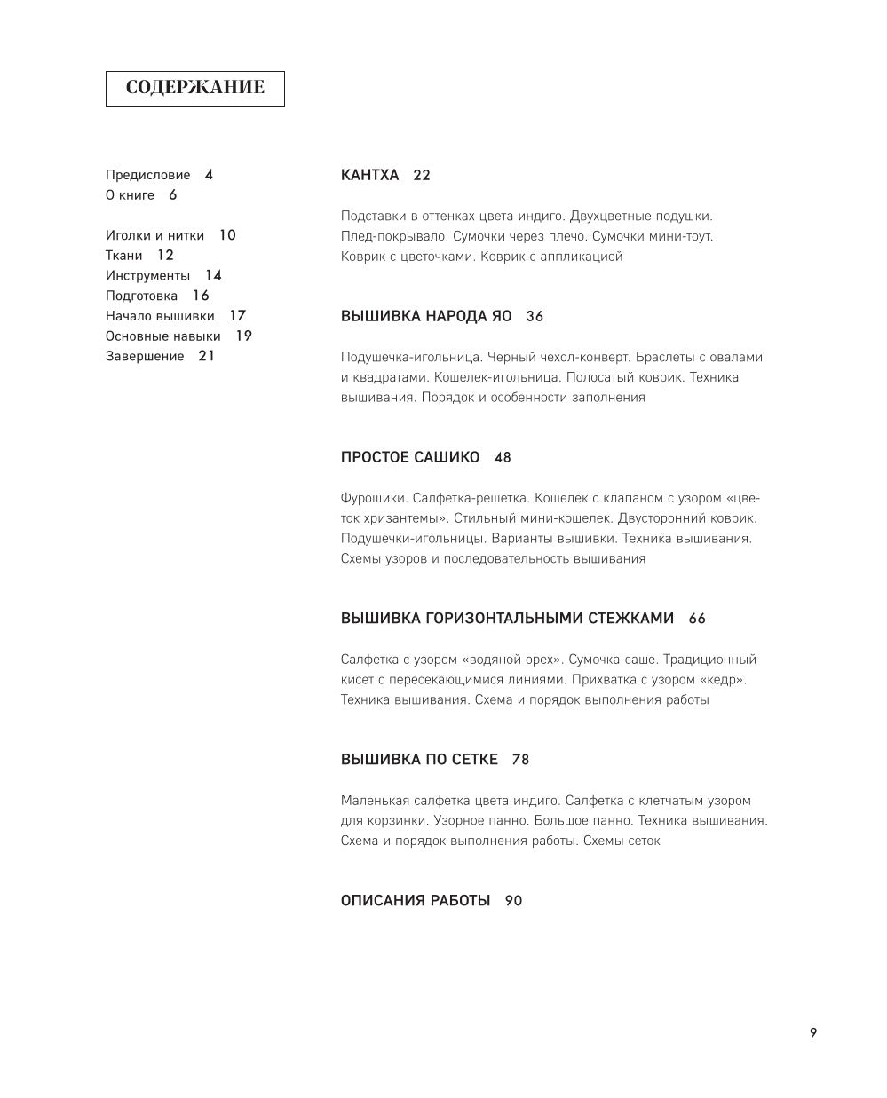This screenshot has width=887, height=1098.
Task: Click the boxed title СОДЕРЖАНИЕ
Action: pyautogui.click(x=194, y=88)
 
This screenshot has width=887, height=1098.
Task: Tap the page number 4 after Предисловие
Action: pyautogui.click(x=209, y=175)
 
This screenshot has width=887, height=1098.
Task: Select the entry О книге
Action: pyautogui.click(x=130, y=195)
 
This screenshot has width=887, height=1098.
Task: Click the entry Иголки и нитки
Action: pyautogui.click(x=154, y=235)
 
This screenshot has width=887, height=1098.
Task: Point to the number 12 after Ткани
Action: pyautogui.click(x=165, y=256)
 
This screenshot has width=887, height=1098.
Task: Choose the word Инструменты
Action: pyautogui.click(x=147, y=276)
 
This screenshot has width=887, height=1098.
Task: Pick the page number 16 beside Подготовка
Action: pyautogui.click(x=201, y=296)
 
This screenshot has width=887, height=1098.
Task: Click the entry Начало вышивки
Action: pyautogui.click(x=160, y=316)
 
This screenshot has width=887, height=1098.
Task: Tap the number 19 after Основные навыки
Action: pyautogui.click(x=243, y=336)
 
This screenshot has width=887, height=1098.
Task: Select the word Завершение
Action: pyautogui.click(x=145, y=357)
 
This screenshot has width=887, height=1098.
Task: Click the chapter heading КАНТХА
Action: pyautogui.click(x=370, y=176)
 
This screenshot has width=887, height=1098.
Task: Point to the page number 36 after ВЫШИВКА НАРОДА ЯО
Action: pyautogui.click(x=535, y=317)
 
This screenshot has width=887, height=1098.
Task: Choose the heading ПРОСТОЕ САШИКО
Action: pyautogui.click(x=410, y=458)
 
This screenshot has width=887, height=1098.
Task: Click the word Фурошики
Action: pyautogui.click(x=373, y=499)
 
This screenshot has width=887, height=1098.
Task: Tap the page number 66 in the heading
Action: pyautogui.click(x=697, y=619)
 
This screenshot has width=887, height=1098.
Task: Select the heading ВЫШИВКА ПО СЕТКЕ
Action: pyautogui.click(x=419, y=760)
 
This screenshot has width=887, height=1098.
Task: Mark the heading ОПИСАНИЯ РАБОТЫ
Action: pyautogui.click(x=416, y=901)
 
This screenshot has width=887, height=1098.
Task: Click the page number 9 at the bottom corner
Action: pyautogui.click(x=813, y=1032)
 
